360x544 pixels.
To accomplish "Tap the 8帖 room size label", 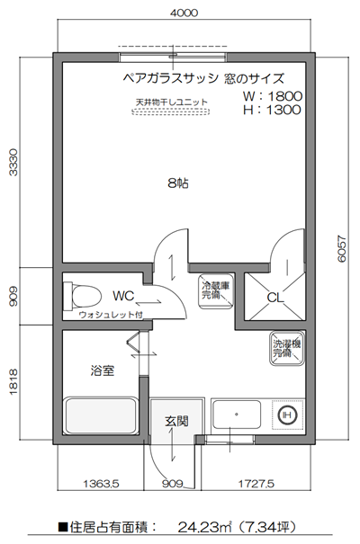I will [177, 183].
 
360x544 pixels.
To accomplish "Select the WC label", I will [123, 294].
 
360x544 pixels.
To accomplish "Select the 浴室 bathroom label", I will [102, 370].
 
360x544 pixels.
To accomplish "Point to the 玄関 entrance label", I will [175, 421].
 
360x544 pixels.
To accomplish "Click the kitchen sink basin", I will [236, 415].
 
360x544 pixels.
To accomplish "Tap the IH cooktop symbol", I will [287, 415].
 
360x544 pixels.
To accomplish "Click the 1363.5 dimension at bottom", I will [102, 483].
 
